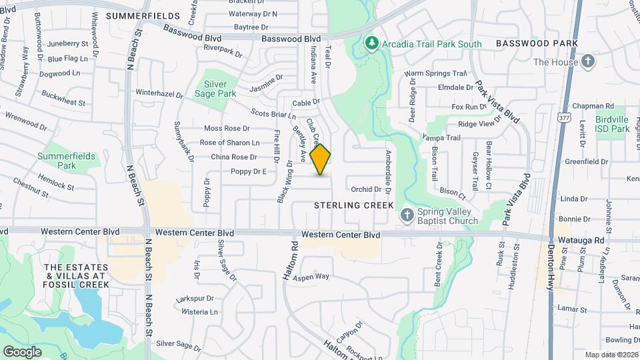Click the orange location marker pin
click(x=321, y=159)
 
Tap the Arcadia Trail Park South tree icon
click(x=372, y=44)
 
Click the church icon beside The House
click(x=587, y=62)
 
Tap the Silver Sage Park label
click(x=220, y=89)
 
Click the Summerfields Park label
click(x=67, y=160)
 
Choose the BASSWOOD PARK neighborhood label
click(x=536, y=43)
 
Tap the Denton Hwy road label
click(x=551, y=263)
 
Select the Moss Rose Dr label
click(x=227, y=128)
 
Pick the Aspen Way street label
click(x=311, y=276)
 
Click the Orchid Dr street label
click(x=366, y=189)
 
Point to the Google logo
click(x=22, y=351)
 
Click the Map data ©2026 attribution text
click(x=611, y=355)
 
